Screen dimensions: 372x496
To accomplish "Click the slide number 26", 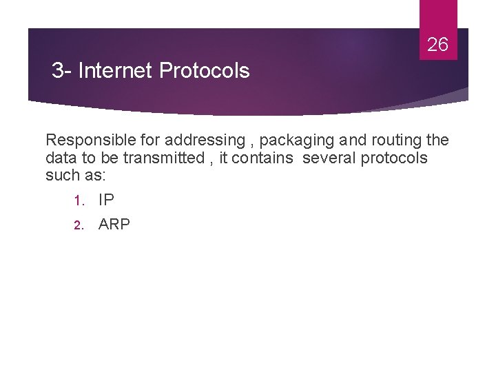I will click(437, 45).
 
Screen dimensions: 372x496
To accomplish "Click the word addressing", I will click(211, 141).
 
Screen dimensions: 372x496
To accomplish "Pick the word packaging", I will click(298, 141).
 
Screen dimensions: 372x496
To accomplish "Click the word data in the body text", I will click(61, 158).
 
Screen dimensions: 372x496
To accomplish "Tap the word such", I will click(61, 176).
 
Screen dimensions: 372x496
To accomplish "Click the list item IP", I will click(106, 200).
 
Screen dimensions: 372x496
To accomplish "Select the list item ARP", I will click(114, 225).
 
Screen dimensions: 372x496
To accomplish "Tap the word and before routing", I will click(353, 141).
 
